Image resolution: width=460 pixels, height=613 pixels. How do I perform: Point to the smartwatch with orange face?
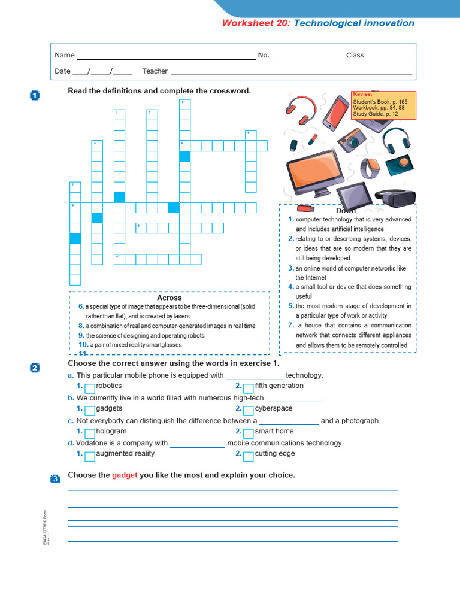click(371, 168)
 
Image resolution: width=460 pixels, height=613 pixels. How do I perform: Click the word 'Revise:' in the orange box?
click(362, 94)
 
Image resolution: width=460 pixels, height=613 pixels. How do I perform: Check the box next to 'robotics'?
click(90, 387)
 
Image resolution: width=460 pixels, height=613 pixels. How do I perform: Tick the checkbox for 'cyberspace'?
click(249, 410)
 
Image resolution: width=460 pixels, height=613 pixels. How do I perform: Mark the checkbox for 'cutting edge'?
click(249, 455)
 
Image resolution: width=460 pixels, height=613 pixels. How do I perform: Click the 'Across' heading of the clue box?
click(169, 298)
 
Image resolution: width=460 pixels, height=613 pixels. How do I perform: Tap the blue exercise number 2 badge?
click(35, 368)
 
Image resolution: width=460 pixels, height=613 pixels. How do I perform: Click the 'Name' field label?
click(65, 55)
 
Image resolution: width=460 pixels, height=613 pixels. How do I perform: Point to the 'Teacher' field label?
click(155, 71)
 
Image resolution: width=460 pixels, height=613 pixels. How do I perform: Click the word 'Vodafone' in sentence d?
click(91, 443)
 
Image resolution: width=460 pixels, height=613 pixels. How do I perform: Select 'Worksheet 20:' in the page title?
click(256, 23)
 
